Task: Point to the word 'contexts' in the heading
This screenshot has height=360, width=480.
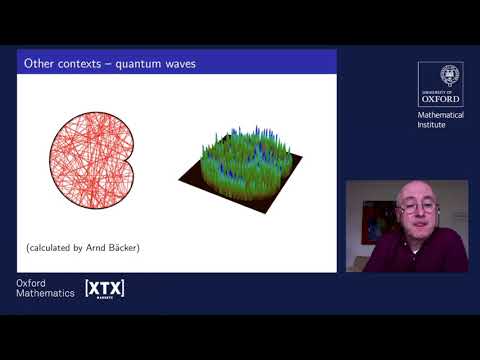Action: coord(88,65)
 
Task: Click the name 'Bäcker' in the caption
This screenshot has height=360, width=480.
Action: coord(122,246)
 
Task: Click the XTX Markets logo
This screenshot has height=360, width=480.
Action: coord(104,289)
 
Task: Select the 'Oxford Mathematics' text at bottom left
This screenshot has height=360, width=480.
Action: coord(45,289)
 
